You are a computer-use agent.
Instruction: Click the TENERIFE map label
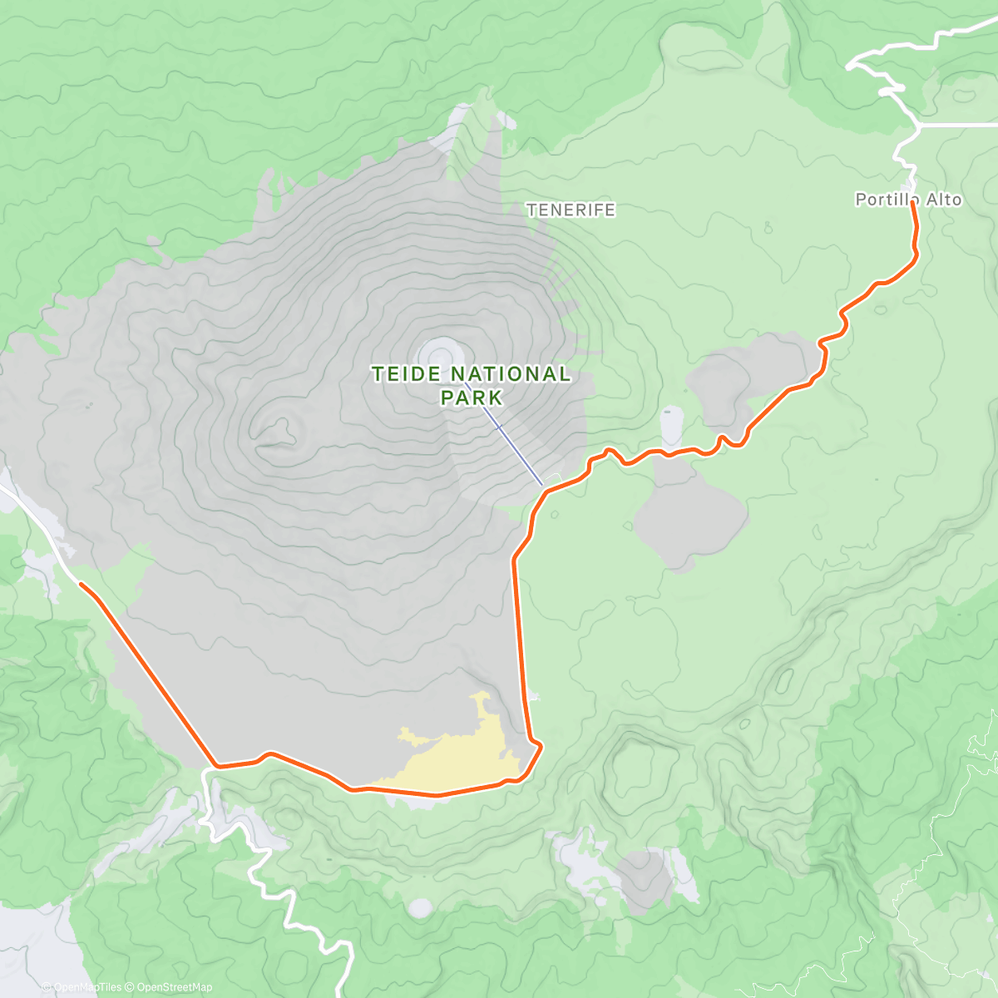pyautogui.click(x=571, y=210)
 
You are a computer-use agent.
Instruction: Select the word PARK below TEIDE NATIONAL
pyautogui.click(x=472, y=398)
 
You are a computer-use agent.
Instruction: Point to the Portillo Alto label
pyautogui.click(x=908, y=200)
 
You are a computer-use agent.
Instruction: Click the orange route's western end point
pyautogui.click(x=82, y=584)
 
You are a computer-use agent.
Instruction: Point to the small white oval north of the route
pyautogui.click(x=671, y=426)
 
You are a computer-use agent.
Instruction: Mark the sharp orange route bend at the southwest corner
pyautogui.click(x=216, y=764)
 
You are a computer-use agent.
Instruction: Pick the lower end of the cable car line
pyautogui.click(x=542, y=485)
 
